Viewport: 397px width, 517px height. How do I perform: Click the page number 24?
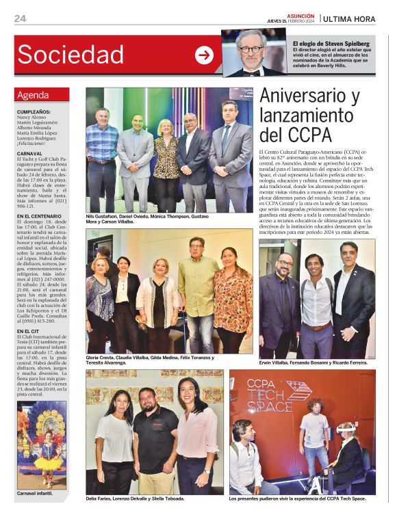[19, 18]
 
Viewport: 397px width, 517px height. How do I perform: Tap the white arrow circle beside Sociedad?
[204, 55]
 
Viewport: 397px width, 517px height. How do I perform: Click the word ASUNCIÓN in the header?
[300, 15]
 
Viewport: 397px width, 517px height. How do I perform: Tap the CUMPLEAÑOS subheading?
[34, 111]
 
